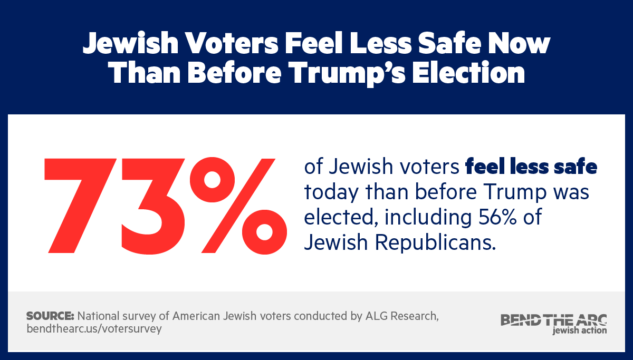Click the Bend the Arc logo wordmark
[553, 319]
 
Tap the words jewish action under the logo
[579, 330]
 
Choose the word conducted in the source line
[318, 316]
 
